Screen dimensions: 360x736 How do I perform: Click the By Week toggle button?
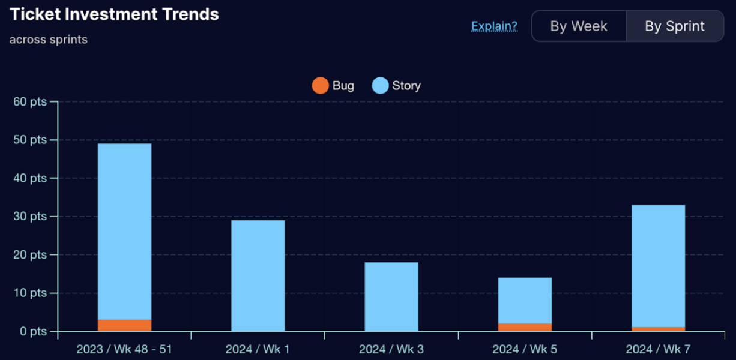pos(579,26)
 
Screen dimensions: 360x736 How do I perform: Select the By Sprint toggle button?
pos(675,26)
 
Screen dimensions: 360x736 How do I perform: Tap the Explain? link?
pos(494,26)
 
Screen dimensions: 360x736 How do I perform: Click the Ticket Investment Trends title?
pos(115,14)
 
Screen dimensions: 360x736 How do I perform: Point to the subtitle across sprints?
pos(49,40)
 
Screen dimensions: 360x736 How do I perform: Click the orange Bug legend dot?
pos(321,86)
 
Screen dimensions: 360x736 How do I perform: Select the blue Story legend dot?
pos(381,86)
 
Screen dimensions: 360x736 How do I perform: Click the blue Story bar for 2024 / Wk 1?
pos(258,275)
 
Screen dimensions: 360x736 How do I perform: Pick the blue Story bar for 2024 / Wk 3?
pos(391,296)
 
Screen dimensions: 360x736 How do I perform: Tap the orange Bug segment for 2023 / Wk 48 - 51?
pos(125,325)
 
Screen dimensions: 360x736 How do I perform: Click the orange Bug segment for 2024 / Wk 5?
pos(525,327)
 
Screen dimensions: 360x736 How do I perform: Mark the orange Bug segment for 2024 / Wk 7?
pos(658,329)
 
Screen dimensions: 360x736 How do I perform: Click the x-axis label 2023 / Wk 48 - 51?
pos(124,349)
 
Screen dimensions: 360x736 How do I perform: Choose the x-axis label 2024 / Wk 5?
pos(525,349)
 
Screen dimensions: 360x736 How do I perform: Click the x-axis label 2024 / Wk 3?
pos(391,349)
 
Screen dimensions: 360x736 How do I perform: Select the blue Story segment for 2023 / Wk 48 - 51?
pos(125,232)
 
